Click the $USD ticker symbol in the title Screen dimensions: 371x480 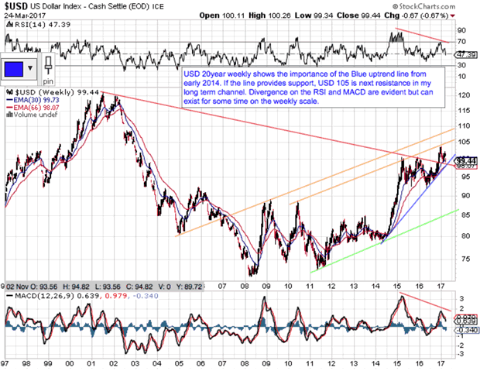tap(17, 6)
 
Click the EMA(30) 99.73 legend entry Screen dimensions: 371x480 tap(35, 100)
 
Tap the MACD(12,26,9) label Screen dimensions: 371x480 tap(39, 295)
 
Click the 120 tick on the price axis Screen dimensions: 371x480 tap(464, 94)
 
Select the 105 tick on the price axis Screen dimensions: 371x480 tap(464, 143)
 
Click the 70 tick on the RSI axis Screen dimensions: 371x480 tap(462, 41)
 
